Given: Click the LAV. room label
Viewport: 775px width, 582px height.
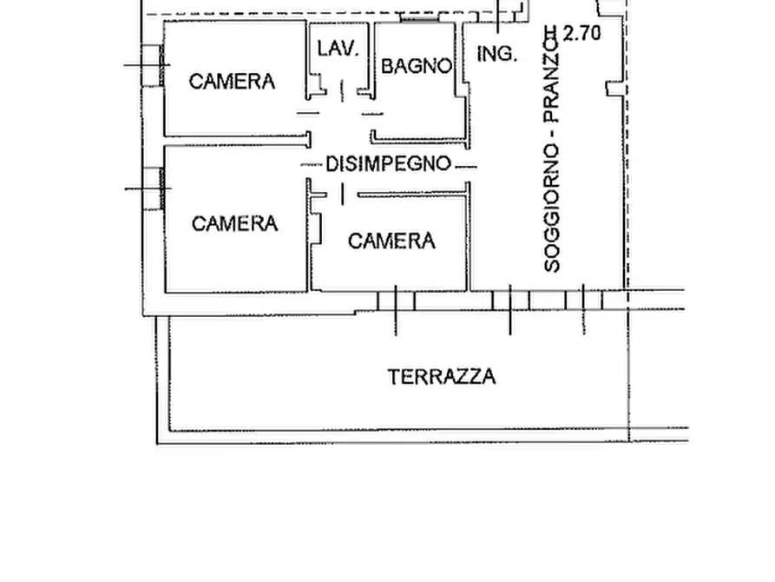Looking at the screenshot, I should (338, 50).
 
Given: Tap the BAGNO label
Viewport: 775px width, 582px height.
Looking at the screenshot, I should (417, 66).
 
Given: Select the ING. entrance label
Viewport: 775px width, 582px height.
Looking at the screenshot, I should (497, 54).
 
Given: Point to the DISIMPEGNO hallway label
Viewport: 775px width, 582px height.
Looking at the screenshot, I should (388, 163).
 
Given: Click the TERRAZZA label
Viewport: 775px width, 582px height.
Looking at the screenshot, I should (442, 377).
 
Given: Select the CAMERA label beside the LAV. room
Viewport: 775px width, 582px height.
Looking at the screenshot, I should (232, 82).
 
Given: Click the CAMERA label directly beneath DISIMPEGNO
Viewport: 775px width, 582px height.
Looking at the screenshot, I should (391, 241).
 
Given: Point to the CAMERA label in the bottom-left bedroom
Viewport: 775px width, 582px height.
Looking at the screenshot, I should (234, 224).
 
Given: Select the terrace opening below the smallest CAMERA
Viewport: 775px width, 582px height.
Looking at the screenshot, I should (396, 301).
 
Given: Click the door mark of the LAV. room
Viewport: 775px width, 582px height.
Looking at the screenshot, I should (341, 89).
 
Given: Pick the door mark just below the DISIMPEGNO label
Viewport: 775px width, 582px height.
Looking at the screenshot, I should (342, 195).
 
